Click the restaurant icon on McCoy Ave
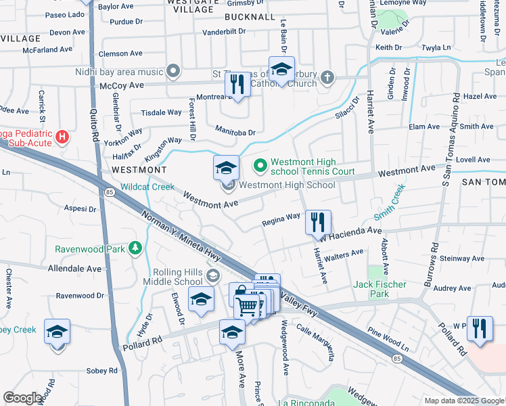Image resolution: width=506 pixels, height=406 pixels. click(235, 85)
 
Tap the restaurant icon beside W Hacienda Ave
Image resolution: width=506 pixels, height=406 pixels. click(317, 222)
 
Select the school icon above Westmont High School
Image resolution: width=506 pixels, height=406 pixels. click(226, 167)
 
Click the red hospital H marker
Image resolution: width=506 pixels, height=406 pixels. click(62, 137)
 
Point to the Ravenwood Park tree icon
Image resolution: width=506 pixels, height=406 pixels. click(135, 248)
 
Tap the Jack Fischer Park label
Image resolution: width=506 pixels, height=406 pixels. click(379, 290)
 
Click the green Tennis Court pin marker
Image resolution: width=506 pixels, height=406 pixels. click(260, 164)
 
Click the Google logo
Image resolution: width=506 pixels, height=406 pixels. click(22, 397)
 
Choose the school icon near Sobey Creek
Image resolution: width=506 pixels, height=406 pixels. click(57, 332)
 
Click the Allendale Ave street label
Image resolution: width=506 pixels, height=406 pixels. click(74, 269)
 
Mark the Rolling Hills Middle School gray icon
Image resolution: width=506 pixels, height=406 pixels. click(214, 274)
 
